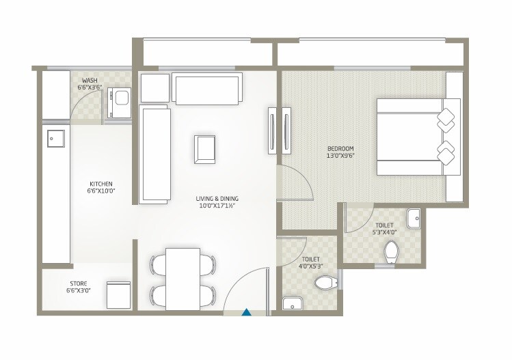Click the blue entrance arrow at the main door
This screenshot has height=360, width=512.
[247, 312]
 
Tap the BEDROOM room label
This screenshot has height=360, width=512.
[340, 148]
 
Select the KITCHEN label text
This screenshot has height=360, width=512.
[101, 184]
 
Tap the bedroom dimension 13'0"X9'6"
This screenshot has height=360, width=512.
[340, 156]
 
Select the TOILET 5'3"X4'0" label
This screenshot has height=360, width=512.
[384, 228]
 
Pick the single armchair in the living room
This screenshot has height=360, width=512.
[205, 149]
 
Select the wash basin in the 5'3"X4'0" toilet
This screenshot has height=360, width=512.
[414, 219]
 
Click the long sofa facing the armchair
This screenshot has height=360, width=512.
[155, 154]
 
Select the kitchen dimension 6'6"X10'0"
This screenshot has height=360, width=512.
[101, 191]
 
